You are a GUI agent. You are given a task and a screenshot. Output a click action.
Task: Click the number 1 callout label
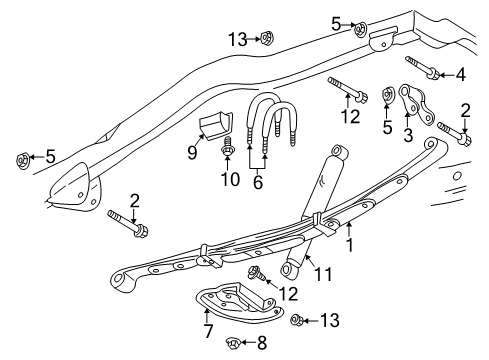349,244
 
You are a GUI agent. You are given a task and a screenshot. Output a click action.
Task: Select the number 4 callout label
461,73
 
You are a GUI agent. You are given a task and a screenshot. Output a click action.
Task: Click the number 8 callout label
263,343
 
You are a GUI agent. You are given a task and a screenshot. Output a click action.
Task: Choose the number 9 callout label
192,153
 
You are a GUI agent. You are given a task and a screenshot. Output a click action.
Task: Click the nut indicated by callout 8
231,342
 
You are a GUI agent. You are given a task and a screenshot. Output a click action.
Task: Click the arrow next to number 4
446,73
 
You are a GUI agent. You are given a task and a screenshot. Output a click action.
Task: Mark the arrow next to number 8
248,343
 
